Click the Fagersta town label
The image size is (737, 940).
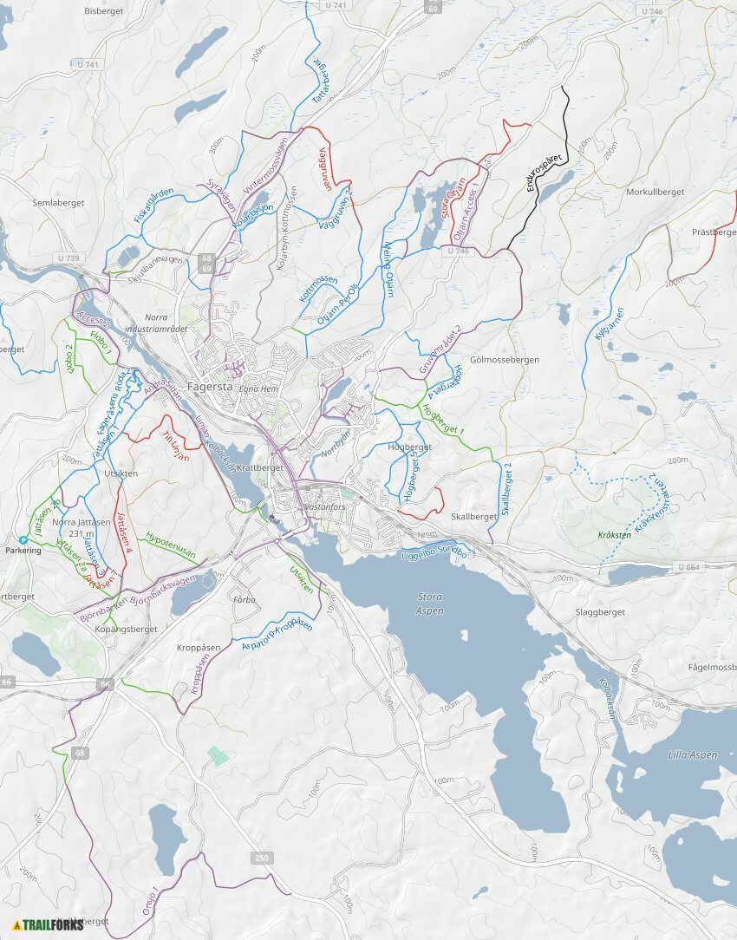click(210, 387)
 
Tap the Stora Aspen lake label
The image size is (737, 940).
click(430, 604)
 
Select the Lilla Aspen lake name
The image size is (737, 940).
click(693, 754)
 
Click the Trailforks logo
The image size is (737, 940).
click(49, 924)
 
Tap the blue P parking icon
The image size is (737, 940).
click(23, 539)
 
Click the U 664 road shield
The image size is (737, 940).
click(688, 567)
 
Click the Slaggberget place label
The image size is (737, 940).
click(600, 612)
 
